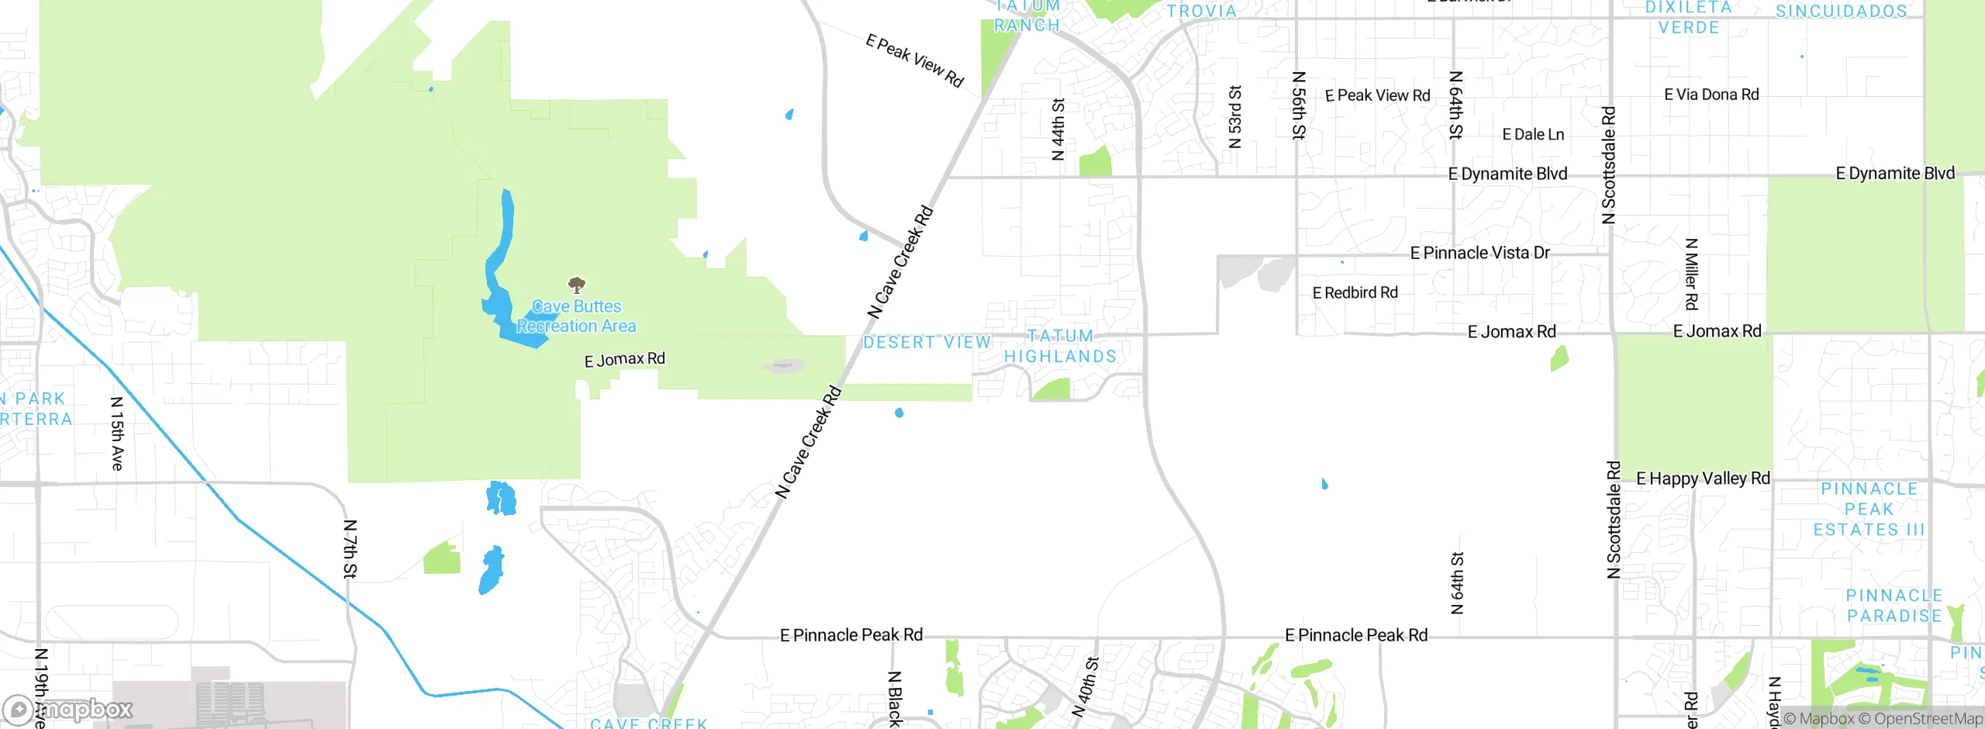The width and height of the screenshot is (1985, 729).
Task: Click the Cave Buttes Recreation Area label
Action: coord(576,316)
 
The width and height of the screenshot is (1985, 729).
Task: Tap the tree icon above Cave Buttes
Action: coord(576,284)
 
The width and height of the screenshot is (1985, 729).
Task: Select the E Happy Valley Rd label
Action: coord(1703,479)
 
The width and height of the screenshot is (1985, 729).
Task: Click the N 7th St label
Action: coord(350,549)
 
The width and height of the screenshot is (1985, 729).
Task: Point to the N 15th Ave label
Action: coord(117,434)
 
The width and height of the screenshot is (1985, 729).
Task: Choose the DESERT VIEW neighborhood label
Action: coord(927,342)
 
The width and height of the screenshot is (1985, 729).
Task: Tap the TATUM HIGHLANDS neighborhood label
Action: coord(1060,346)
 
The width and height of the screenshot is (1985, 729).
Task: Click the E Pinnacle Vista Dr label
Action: coord(1479,253)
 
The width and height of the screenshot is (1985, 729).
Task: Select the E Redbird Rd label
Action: coord(1355,292)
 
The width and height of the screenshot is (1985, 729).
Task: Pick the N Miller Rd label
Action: coord(1692,274)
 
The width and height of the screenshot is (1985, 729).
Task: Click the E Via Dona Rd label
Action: coord(1711,95)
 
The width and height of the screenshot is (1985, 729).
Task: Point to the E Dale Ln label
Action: coord(1533,134)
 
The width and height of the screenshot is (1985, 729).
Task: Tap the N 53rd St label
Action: coord(1235,116)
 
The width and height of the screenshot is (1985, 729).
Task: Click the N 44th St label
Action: coord(1058,129)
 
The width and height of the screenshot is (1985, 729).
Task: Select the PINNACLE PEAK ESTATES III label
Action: coord(1869,510)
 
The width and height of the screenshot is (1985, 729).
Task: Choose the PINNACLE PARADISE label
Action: coord(1894,606)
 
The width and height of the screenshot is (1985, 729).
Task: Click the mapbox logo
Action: coord(68,709)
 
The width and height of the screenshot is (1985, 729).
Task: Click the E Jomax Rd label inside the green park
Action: coord(624,360)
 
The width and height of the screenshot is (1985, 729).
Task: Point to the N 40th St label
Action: coord(1086,686)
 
